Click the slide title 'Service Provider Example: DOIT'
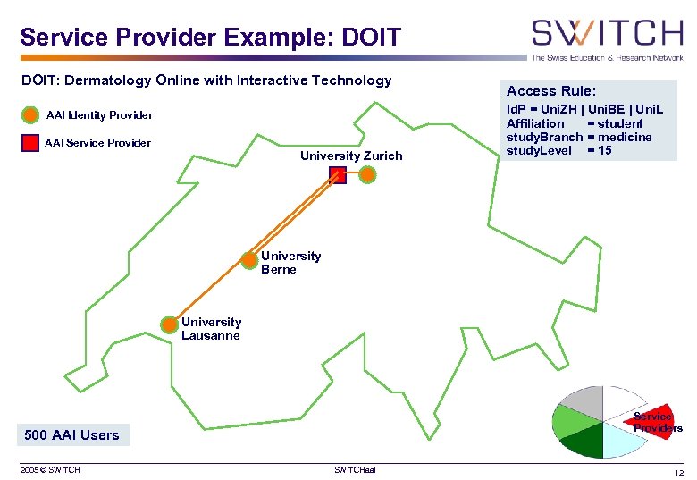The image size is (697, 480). click(x=210, y=38)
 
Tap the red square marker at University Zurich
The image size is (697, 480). click(x=338, y=176)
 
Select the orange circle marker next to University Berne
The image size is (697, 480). click(x=250, y=260)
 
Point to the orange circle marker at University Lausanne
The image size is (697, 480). click(x=169, y=324)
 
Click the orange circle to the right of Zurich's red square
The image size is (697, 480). click(x=367, y=176)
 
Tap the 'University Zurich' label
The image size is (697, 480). click(x=351, y=156)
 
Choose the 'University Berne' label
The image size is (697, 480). click(x=290, y=263)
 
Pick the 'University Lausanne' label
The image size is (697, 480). click(x=211, y=328)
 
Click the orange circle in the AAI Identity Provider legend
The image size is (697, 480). click(x=30, y=115)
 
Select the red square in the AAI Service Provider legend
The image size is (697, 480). click(x=30, y=143)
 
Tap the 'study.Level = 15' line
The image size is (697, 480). click(x=558, y=150)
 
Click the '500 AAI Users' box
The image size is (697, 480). click(x=72, y=435)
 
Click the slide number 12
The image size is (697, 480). click(x=678, y=471)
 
